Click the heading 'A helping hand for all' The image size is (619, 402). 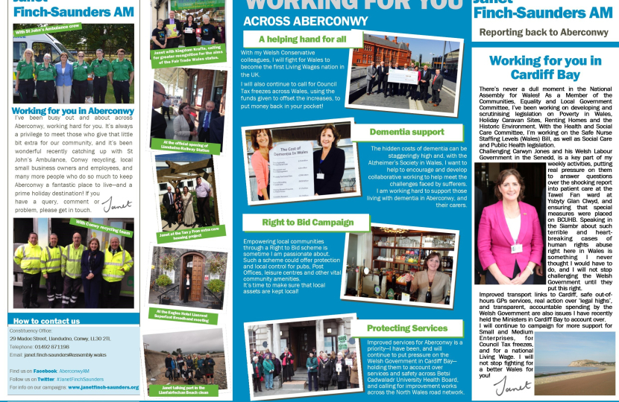[x=302, y=39]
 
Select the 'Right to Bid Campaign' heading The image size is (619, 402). [x=297, y=222]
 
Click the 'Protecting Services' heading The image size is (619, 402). [x=407, y=328]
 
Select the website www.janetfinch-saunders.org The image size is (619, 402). [x=100, y=387]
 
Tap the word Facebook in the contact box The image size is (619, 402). [x=45, y=370]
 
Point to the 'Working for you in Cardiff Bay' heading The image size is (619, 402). [x=544, y=68]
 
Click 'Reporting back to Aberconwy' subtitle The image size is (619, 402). [x=544, y=32]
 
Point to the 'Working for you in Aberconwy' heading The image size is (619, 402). [x=73, y=110]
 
